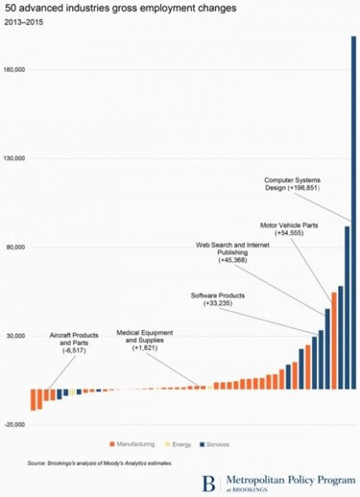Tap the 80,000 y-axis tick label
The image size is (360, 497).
point(18,247)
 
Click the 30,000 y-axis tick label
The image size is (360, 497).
point(18,336)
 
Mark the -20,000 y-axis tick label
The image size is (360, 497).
point(17,424)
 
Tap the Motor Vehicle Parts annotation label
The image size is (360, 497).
point(291,229)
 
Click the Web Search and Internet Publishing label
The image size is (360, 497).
point(232,252)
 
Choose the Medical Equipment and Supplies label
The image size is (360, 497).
point(145,339)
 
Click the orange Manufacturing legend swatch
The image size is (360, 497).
point(112,444)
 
